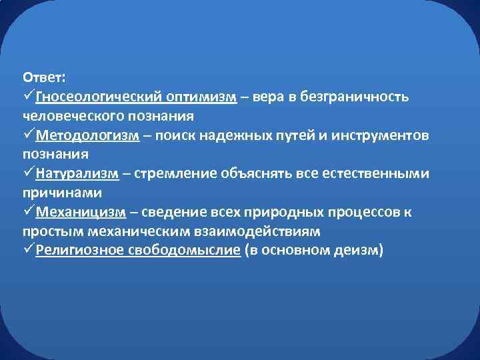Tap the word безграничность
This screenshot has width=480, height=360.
pos(355,97)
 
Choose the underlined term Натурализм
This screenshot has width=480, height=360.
pos(77,174)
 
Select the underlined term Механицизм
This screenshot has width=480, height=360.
pos(81,213)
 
